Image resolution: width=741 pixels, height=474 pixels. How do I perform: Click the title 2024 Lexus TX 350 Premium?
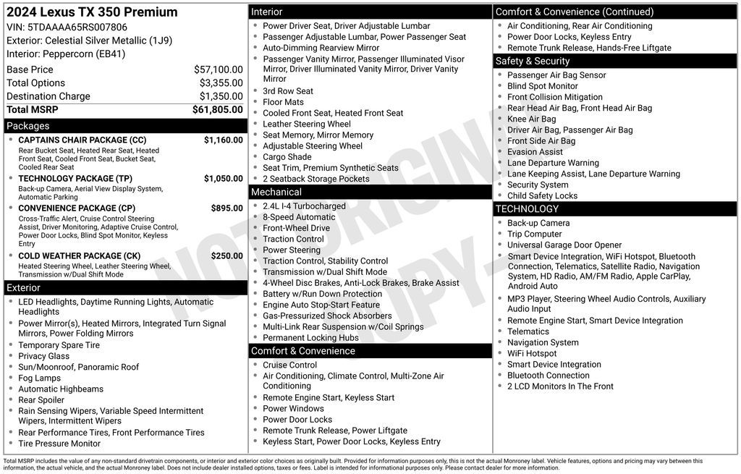click(x=92, y=12)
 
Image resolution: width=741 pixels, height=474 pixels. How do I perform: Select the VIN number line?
click(x=67, y=27)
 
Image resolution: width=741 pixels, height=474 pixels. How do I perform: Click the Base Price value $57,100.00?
click(x=218, y=69)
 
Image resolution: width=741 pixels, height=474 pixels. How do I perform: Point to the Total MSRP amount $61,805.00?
click(x=217, y=109)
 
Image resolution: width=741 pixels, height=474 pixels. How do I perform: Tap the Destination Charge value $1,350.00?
click(x=221, y=96)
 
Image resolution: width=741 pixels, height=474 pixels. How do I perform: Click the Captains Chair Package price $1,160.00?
click(x=223, y=140)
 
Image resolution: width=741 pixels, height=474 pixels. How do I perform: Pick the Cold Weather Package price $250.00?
click(x=226, y=255)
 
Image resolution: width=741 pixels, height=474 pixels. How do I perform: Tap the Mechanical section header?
click(x=276, y=192)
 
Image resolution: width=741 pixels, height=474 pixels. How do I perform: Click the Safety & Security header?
click(x=533, y=61)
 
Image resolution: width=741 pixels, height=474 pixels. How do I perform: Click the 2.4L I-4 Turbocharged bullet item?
click(x=304, y=206)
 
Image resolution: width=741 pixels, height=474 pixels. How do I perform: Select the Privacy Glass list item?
click(x=43, y=356)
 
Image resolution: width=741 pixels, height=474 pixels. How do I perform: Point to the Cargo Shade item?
click(x=287, y=157)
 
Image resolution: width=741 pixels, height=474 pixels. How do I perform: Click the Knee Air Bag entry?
click(x=531, y=119)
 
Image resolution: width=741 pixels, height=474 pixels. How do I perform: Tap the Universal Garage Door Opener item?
click(x=564, y=245)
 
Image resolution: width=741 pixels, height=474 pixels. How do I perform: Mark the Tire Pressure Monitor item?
click(x=59, y=444)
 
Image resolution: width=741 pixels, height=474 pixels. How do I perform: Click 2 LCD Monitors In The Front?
click(x=559, y=386)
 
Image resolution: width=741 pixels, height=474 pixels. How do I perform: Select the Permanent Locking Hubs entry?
click(x=310, y=338)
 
